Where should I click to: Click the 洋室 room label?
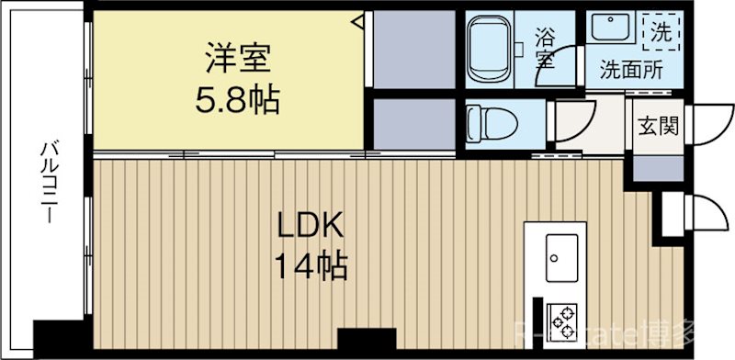236,61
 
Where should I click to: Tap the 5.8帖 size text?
236,98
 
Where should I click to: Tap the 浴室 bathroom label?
545,48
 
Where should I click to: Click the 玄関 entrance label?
655,124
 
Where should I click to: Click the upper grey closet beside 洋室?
414,50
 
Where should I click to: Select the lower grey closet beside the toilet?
414,124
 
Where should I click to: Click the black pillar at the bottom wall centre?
366,340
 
